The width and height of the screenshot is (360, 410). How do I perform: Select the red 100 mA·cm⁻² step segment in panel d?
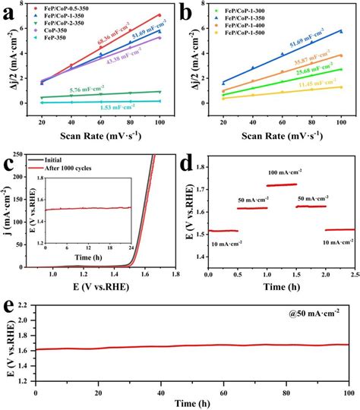coord(282,184)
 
